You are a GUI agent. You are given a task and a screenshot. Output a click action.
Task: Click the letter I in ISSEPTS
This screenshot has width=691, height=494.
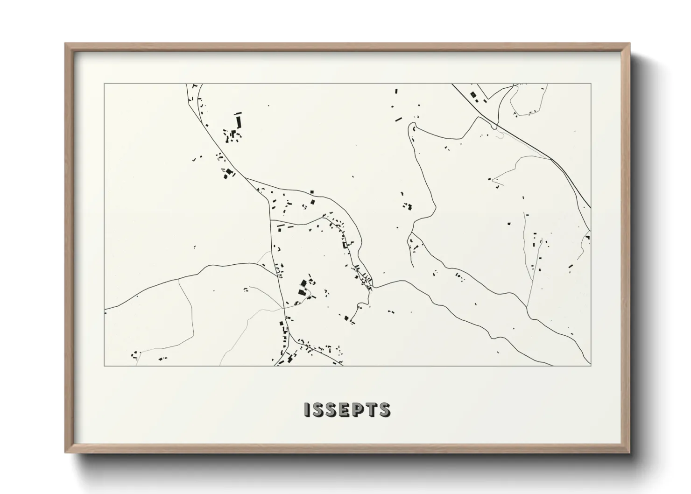306,409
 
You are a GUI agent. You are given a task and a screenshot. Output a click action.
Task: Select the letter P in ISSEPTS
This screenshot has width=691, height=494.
357,409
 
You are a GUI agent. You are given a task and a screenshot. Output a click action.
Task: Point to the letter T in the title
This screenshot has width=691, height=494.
372,409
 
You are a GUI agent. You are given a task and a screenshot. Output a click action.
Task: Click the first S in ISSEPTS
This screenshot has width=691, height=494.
316,409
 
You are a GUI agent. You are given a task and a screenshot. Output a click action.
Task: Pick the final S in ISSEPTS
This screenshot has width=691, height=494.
385,409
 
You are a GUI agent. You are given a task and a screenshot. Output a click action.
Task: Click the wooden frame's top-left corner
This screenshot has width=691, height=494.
66,44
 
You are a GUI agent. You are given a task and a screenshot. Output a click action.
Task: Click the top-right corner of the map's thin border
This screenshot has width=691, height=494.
591,84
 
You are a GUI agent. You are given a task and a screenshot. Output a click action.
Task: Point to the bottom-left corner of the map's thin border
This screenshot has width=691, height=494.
105,366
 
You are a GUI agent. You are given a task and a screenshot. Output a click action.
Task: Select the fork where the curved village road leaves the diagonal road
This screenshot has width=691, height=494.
246,178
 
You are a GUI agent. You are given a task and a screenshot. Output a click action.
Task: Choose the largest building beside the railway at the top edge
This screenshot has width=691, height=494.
473,95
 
